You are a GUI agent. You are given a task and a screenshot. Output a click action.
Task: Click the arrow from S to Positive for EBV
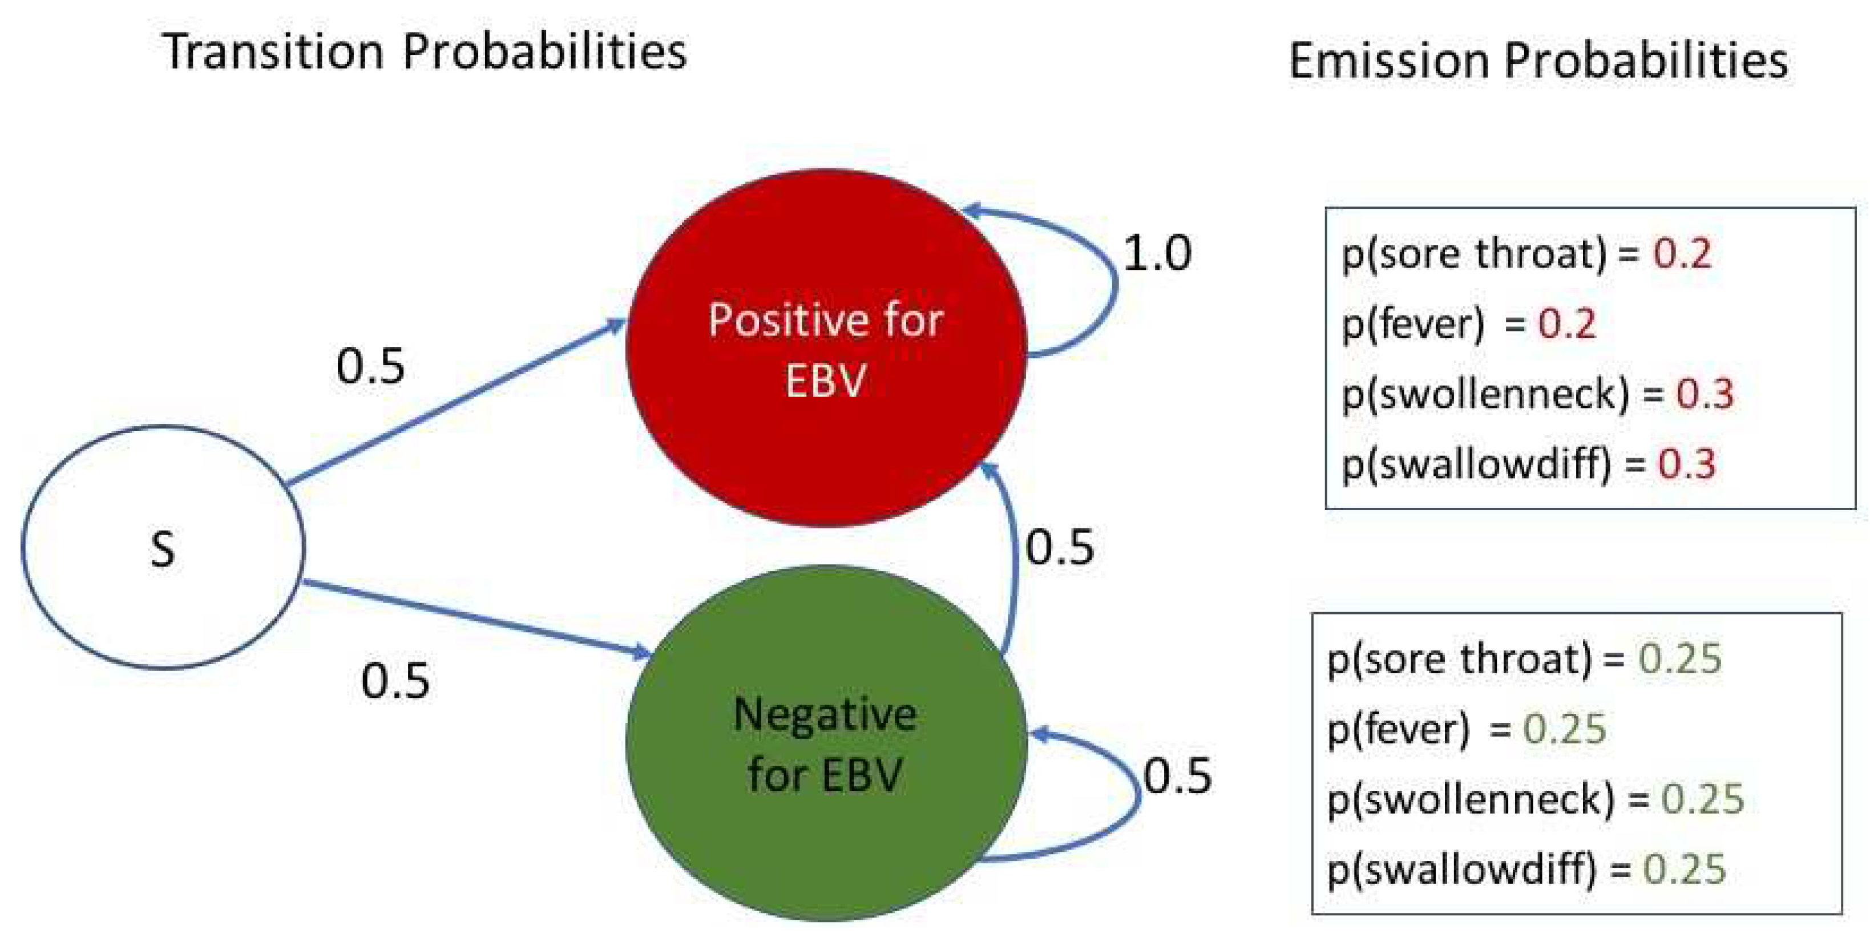[x=457, y=403]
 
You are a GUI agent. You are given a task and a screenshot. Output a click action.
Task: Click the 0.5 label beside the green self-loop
[x=1177, y=775]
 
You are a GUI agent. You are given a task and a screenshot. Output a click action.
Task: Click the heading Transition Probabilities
[x=425, y=52]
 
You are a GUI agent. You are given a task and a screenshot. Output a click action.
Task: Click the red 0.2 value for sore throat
[x=1682, y=253]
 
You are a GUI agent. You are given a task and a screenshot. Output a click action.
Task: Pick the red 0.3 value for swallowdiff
[x=1686, y=464]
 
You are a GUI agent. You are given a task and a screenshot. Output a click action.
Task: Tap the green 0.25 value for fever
[x=1564, y=729]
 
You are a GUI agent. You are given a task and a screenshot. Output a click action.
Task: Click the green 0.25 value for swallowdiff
[x=1684, y=869]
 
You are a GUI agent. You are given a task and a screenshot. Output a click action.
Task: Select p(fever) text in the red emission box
[x=1412, y=324]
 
